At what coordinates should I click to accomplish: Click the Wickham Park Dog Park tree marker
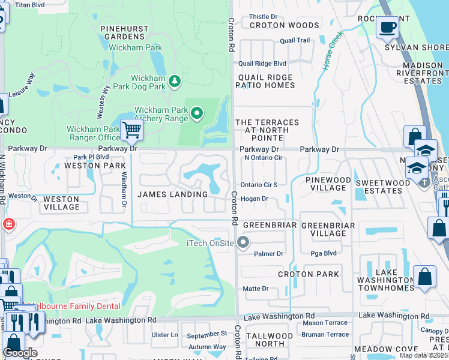coord(174,81)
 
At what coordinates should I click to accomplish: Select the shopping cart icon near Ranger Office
coord(131,130)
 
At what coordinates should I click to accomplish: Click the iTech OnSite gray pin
coord(243,242)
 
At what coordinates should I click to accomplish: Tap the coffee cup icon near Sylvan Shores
coord(387,27)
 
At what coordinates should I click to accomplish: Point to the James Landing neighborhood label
coord(172,194)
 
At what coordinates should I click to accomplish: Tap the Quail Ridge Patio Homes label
coord(267,82)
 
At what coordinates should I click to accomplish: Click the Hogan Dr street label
coord(254,199)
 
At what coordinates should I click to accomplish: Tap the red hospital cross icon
coord(9,224)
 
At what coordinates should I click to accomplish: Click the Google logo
coord(20,353)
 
